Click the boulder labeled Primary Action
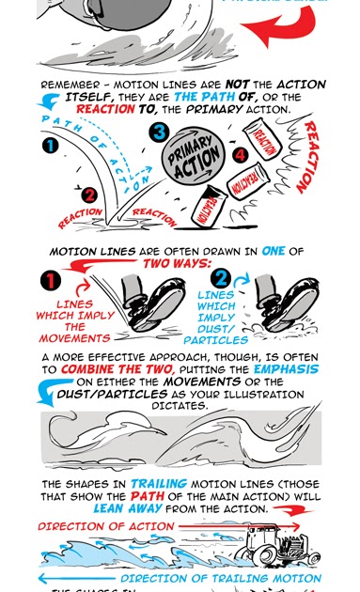coord(195,165)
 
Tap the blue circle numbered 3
coord(160,133)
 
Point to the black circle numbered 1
coord(51,146)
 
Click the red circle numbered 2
coord(87,195)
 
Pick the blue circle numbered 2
coord(220,279)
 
